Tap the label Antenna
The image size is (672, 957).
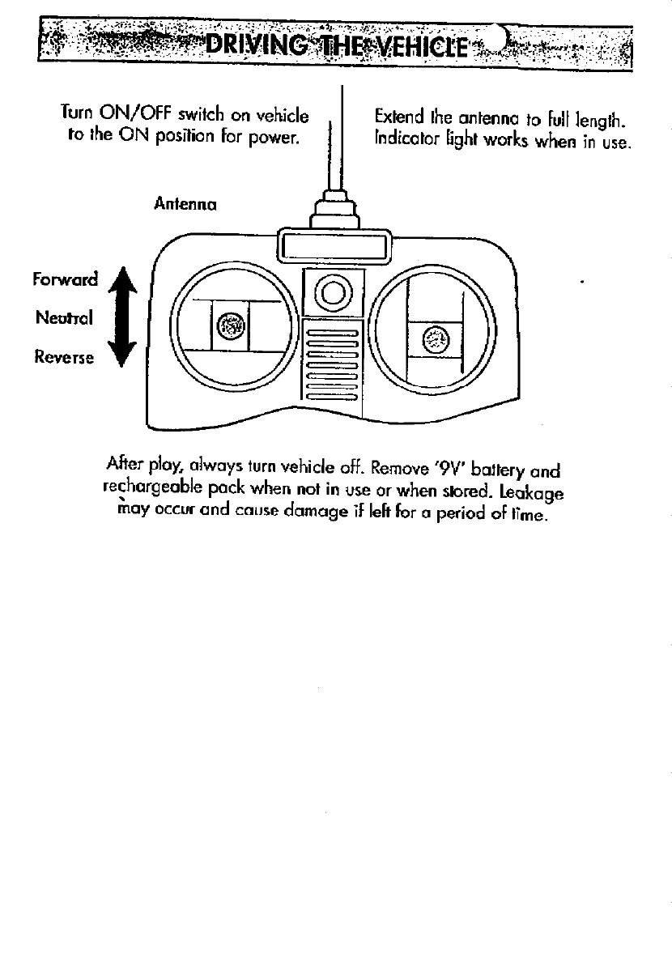click(x=185, y=205)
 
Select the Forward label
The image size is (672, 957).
click(x=65, y=279)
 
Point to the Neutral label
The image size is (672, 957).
click(x=65, y=317)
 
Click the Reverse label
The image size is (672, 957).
click(x=64, y=356)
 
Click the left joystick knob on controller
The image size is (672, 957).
click(x=231, y=327)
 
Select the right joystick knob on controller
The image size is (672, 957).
click(x=435, y=339)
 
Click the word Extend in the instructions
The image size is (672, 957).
click(x=395, y=121)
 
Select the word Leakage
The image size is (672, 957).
click(x=530, y=492)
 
